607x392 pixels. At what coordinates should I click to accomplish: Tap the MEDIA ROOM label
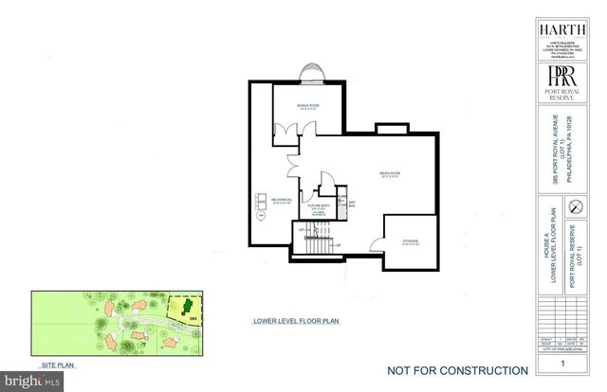(x=392, y=174)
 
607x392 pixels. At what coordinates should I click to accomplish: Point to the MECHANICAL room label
(x=282, y=201)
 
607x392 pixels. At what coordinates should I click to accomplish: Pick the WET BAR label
(x=352, y=203)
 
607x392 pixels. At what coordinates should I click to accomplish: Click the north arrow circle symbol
(x=572, y=205)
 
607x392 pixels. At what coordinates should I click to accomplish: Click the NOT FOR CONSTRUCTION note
(x=458, y=370)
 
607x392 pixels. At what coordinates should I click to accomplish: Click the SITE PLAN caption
(x=58, y=364)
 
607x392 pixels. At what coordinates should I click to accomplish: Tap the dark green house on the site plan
(x=187, y=307)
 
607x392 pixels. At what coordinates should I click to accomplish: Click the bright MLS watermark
(x=31, y=382)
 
